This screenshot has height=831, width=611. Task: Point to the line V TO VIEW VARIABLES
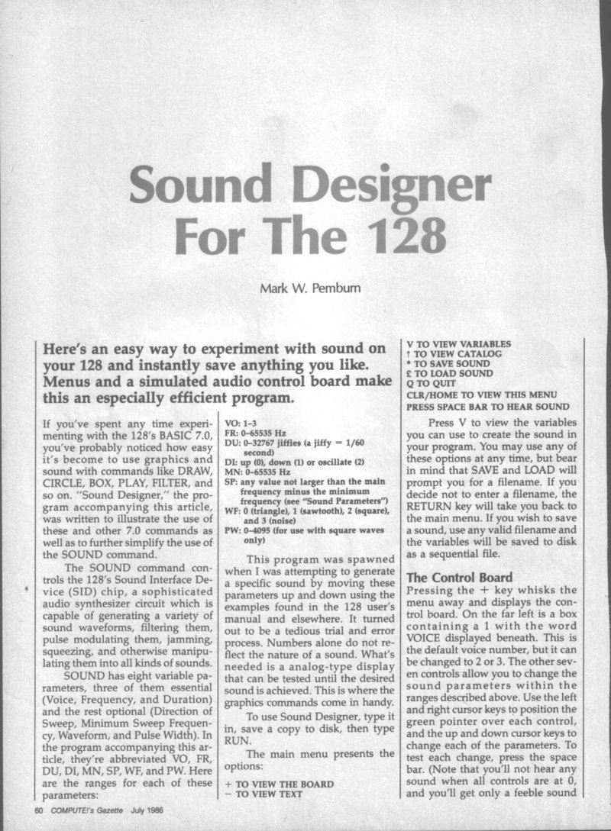point(458,344)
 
